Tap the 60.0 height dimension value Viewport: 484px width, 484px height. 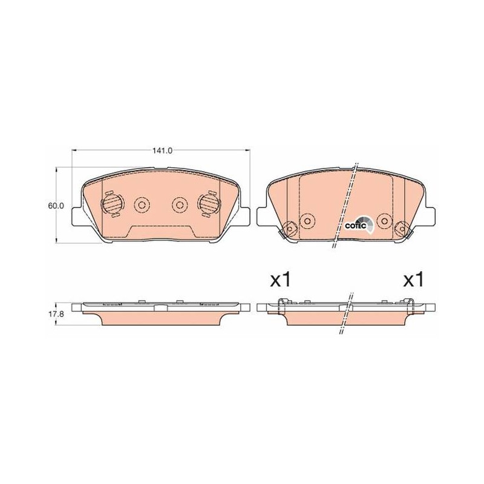56,206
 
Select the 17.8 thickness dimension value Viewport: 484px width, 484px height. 55,315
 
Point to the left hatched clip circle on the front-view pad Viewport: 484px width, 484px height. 112,204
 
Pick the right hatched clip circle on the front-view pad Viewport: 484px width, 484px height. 209,204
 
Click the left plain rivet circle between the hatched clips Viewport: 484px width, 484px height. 142,204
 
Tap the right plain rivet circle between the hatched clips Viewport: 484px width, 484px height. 180,204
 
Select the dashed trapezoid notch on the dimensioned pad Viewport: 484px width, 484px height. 160,232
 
